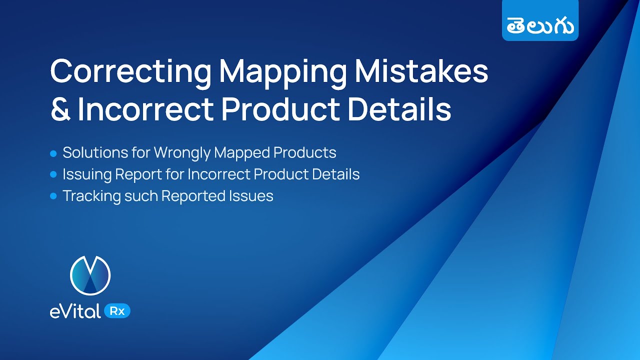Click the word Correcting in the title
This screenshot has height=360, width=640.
(x=131, y=71)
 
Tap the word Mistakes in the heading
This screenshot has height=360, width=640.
(x=421, y=71)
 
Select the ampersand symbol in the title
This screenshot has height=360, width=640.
(x=60, y=110)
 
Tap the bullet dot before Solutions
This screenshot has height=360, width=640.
(x=53, y=153)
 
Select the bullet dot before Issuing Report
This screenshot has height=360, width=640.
(x=53, y=174)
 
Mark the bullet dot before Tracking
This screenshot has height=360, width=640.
(x=53, y=196)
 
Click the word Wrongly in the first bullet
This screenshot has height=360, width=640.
(x=182, y=152)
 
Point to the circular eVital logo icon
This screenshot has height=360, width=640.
(x=90, y=275)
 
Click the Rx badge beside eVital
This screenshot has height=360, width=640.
(x=117, y=310)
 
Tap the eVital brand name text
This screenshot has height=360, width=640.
(x=75, y=311)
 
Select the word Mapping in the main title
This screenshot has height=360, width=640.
(x=282, y=71)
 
